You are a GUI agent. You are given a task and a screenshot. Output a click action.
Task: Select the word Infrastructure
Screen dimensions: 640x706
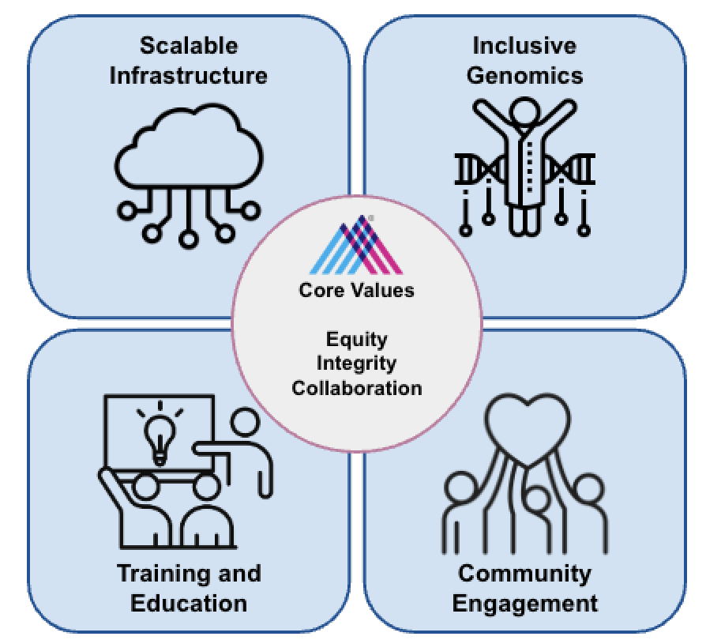(188, 76)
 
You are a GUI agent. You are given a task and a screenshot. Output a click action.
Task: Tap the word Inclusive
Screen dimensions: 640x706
(524, 46)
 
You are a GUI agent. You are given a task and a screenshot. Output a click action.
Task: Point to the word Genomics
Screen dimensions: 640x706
(524, 76)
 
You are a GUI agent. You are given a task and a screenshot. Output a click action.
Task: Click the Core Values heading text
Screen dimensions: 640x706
(356, 290)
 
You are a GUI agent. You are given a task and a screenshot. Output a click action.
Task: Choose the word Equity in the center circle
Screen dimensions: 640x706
(357, 340)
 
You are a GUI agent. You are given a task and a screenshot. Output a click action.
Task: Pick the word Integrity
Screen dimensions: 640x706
(357, 363)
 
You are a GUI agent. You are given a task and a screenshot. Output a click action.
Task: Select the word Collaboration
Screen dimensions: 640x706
(357, 388)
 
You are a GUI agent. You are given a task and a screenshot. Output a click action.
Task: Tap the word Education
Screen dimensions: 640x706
(189, 604)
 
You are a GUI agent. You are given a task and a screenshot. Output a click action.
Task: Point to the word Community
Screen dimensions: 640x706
(524, 574)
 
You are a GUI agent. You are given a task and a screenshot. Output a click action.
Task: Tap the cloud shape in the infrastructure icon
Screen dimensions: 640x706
(187, 154)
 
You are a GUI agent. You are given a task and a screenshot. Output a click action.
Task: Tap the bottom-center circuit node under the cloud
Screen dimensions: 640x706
(188, 237)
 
